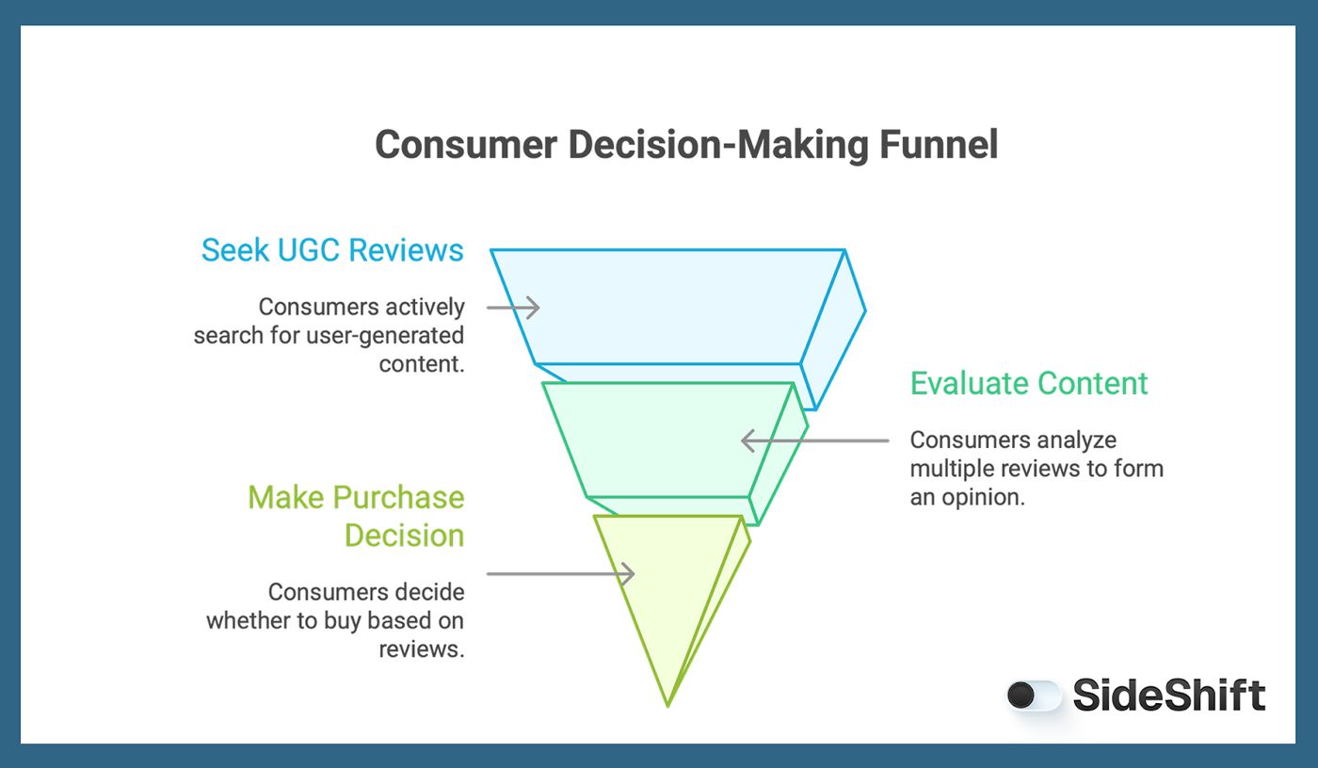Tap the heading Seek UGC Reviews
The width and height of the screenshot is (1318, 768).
click(332, 250)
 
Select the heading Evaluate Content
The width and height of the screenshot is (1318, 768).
click(1029, 384)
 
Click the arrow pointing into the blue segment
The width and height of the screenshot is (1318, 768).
click(513, 307)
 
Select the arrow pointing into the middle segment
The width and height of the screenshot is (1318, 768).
click(814, 440)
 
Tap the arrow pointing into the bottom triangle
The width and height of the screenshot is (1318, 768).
click(560, 573)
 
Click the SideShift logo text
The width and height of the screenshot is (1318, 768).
click(1168, 696)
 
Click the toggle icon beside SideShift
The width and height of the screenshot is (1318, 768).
click(1034, 696)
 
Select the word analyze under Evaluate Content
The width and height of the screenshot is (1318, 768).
click(1077, 440)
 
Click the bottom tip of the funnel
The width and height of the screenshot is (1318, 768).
click(667, 703)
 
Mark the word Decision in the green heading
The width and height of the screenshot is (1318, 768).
click(404, 536)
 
